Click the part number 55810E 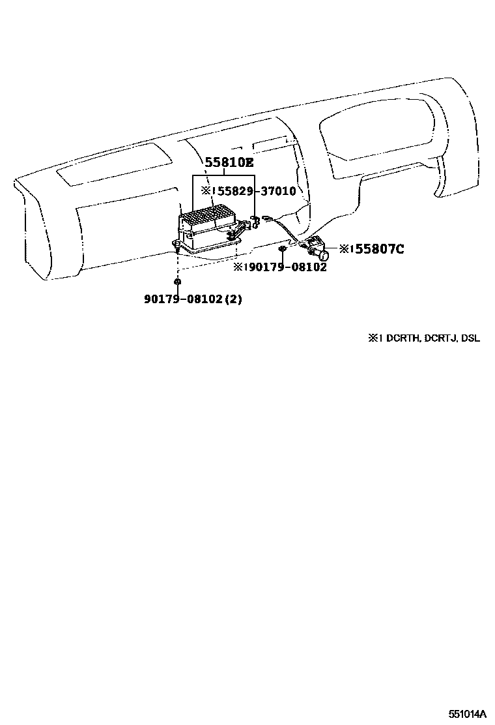pos(229,164)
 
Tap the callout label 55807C pos(380,248)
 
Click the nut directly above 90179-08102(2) pos(177,282)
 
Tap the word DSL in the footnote pos(470,338)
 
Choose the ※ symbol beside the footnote pos(373,338)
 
